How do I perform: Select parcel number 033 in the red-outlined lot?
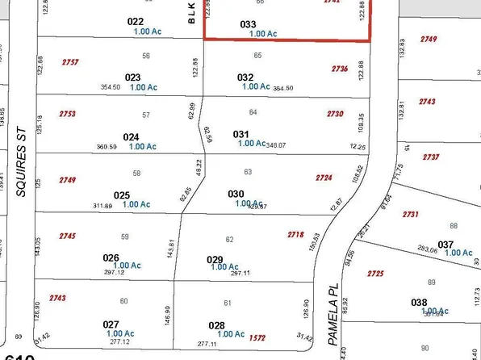[249, 24]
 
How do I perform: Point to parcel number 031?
[241, 133]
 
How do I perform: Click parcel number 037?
[445, 244]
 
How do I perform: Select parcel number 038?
[419, 303]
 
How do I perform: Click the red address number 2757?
[70, 62]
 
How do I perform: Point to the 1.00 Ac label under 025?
[136, 204]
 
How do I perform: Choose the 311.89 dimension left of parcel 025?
[102, 206]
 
